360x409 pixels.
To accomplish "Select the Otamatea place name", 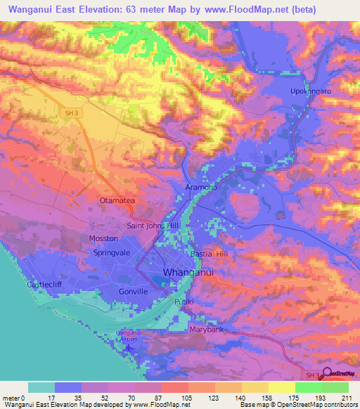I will (116, 201).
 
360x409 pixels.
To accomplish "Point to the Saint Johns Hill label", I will (155, 226).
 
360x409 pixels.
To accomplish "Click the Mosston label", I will (103, 239).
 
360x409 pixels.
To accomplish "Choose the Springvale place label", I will (113, 252).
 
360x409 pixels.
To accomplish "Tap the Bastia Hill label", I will (210, 253).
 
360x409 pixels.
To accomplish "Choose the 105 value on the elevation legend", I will (187, 398).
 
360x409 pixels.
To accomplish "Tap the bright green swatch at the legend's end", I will (335, 387).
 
